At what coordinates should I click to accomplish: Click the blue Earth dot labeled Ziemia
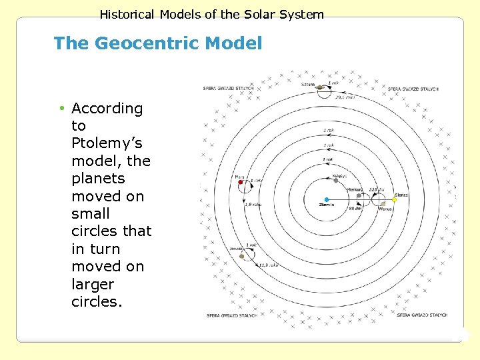coord(327,199)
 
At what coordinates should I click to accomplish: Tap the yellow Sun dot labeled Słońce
coord(395,199)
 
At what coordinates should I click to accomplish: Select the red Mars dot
coord(241,182)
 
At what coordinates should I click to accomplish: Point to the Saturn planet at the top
coord(320,87)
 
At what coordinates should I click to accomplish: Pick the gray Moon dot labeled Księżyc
coord(336,181)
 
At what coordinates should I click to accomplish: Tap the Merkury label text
coord(355,189)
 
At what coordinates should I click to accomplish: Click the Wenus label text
coord(385,209)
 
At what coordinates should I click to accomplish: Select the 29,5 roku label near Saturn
coord(344,97)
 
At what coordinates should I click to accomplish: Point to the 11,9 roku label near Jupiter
coord(269,265)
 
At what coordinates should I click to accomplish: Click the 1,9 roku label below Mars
coord(253,205)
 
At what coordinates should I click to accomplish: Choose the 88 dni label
coord(355,209)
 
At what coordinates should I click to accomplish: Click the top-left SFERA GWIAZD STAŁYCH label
coord(223,89)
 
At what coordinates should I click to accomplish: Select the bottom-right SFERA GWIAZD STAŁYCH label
coord(421,315)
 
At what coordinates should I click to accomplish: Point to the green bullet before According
coord(61,108)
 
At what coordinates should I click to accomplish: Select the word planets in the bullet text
coord(98,179)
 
